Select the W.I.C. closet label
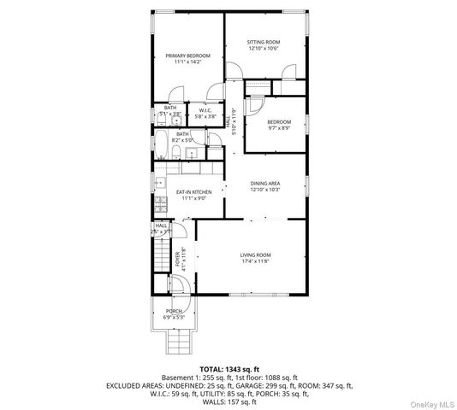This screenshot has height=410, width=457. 206,110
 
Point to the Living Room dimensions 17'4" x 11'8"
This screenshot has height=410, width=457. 254,261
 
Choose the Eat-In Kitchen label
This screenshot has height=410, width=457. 193,192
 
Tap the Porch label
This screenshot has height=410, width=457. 174,311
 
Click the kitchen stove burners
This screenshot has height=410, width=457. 158,206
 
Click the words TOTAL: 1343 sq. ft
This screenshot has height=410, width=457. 228,368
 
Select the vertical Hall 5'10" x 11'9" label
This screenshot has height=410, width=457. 230,120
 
